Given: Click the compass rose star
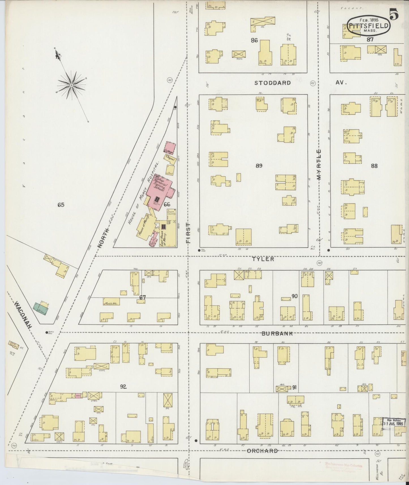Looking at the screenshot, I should pos(72,84).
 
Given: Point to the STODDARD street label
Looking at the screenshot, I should pos(272,83).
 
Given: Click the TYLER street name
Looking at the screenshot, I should pos(264,259).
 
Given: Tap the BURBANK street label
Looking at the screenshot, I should pos(277,334).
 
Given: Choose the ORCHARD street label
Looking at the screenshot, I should pos(262,451).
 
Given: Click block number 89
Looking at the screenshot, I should pos(259,166).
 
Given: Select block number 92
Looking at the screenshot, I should pos(123,387).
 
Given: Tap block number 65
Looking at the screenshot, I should pos(61,205).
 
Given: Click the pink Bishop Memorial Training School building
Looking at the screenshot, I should pos(160,190).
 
